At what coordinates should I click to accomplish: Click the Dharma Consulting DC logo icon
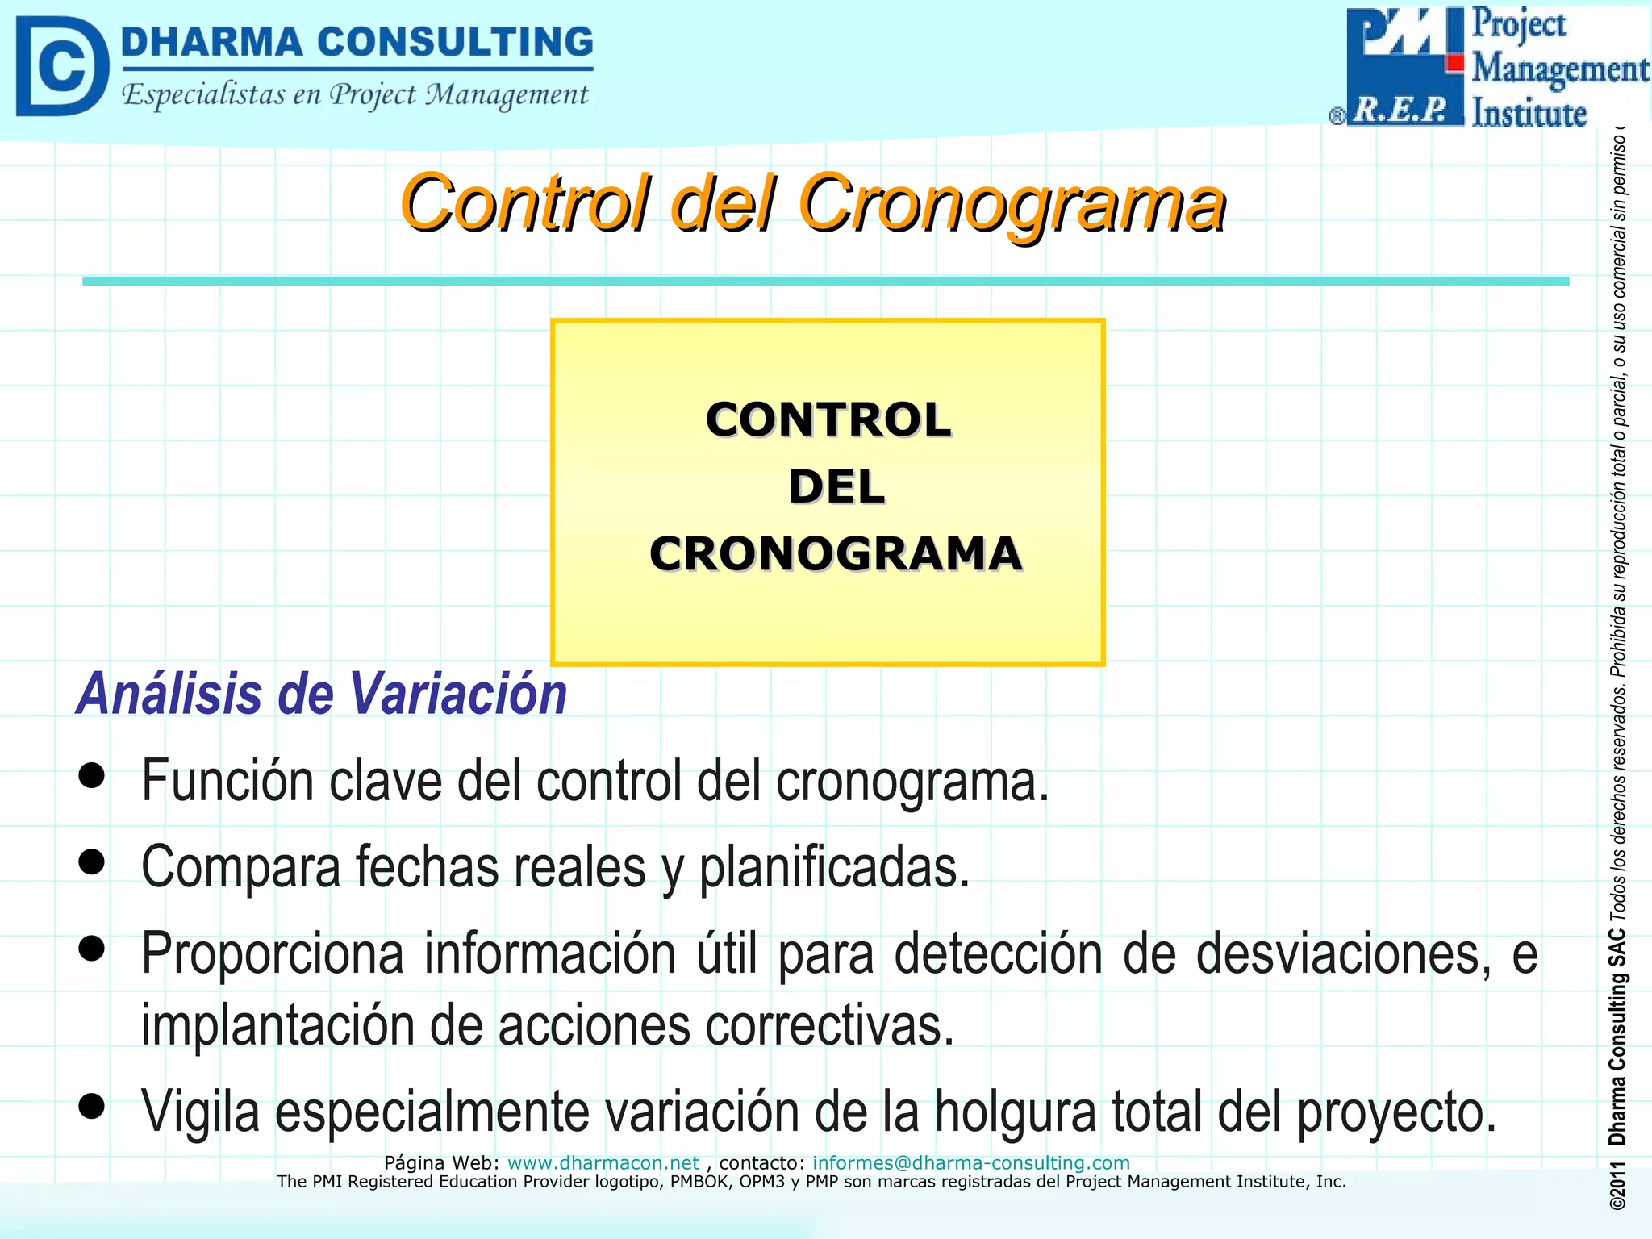pos(61,66)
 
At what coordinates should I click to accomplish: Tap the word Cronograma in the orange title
pos(1012,203)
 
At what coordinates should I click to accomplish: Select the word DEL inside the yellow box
pos(836,487)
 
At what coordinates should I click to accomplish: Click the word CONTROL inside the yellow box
pos(828,420)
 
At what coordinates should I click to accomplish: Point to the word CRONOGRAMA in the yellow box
pos(836,554)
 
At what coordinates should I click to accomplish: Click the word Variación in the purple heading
pos(458,695)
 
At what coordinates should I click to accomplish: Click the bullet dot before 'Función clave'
pos(93,775)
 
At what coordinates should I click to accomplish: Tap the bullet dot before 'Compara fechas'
pos(93,861)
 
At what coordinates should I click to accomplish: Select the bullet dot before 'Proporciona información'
pos(93,948)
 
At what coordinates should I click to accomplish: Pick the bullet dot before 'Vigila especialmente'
pos(93,1106)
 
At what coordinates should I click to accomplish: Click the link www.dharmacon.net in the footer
pos(603,1162)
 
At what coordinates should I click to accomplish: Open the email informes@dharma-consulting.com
pos(970,1162)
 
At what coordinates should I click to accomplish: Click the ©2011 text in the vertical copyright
pos(1617,1186)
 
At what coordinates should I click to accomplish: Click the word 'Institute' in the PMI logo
pos(1529,113)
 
